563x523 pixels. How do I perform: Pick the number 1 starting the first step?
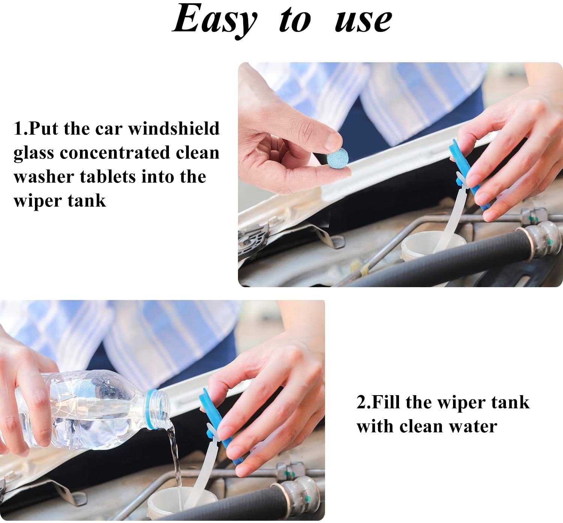18,129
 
